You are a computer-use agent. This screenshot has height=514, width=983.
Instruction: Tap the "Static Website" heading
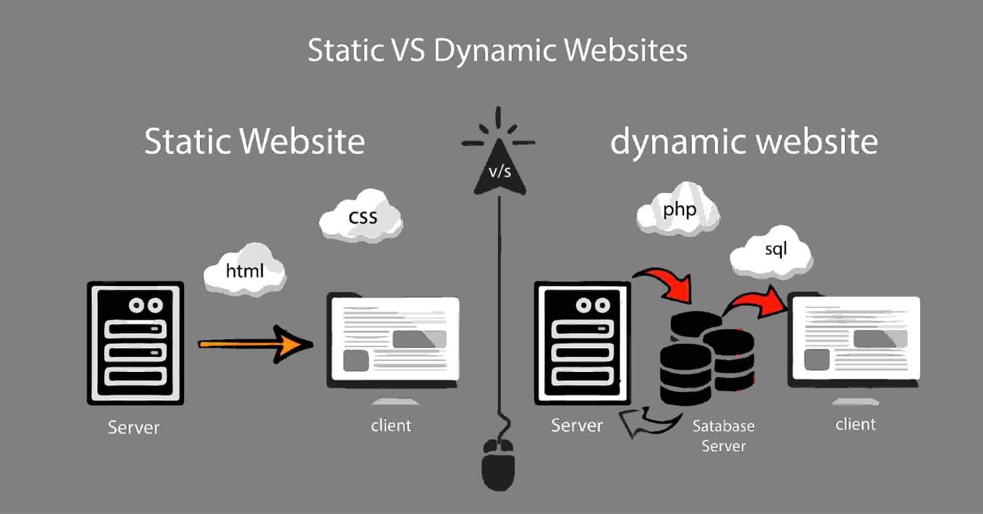click(x=254, y=142)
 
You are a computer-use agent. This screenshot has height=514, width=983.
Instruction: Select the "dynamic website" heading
click(x=744, y=142)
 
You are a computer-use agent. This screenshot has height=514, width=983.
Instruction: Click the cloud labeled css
click(x=362, y=215)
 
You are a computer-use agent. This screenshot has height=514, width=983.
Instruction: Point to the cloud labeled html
click(x=244, y=269)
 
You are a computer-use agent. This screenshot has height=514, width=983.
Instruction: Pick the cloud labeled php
click(x=678, y=210)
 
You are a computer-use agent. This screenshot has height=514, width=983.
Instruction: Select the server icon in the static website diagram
click(x=135, y=342)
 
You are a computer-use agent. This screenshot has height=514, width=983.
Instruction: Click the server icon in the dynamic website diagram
click(x=583, y=342)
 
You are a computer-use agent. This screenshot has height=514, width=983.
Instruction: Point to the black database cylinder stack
click(x=704, y=357)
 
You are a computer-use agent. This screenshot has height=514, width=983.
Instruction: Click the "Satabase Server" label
click(x=723, y=435)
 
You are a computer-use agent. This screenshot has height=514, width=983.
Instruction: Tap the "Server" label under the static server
click(x=134, y=428)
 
